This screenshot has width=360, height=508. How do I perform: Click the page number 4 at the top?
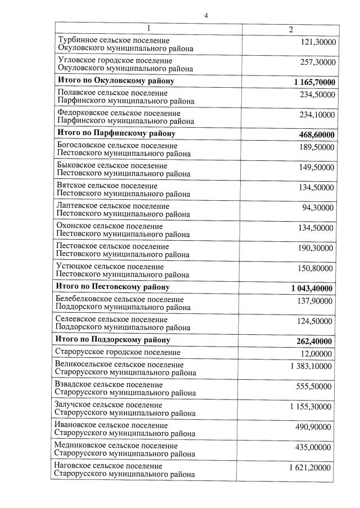coord(206,16)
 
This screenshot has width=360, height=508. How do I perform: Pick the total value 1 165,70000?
coord(314,82)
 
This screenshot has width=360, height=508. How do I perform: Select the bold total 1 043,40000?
coord(312,289)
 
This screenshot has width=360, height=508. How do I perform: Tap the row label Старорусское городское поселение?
coord(118,352)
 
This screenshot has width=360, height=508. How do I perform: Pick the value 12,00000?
coord(318,353)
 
